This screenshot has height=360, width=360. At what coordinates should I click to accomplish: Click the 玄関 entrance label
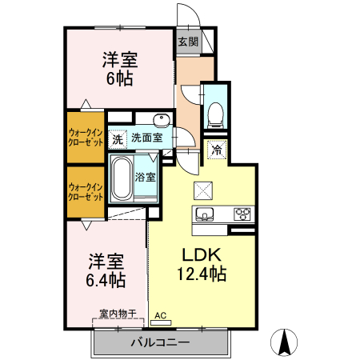pos(187,42)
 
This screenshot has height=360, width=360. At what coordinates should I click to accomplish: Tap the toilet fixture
pos(214,114)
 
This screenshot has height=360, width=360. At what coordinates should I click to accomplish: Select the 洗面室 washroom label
pos(147,138)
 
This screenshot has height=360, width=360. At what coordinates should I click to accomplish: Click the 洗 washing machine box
pos(118,138)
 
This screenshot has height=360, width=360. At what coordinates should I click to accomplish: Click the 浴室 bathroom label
pos(145,176)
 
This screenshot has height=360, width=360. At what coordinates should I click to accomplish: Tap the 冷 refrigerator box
pos(216,149)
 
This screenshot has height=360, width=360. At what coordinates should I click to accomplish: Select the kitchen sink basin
pos(203,214)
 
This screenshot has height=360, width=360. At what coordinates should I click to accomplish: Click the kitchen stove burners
pos(242,214)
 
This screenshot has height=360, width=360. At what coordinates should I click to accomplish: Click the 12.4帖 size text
pos(201,274)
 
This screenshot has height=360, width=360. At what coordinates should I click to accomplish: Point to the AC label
pos(160,315)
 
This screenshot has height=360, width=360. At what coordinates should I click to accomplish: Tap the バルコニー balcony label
pos(160,343)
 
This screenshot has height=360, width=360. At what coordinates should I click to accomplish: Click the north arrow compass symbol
pos(283,342)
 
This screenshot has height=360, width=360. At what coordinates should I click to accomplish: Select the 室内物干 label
pos(118,314)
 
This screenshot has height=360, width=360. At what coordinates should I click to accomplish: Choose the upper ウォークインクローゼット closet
pos(85,136)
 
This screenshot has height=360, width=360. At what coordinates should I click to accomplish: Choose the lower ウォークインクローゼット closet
pos(85,192)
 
